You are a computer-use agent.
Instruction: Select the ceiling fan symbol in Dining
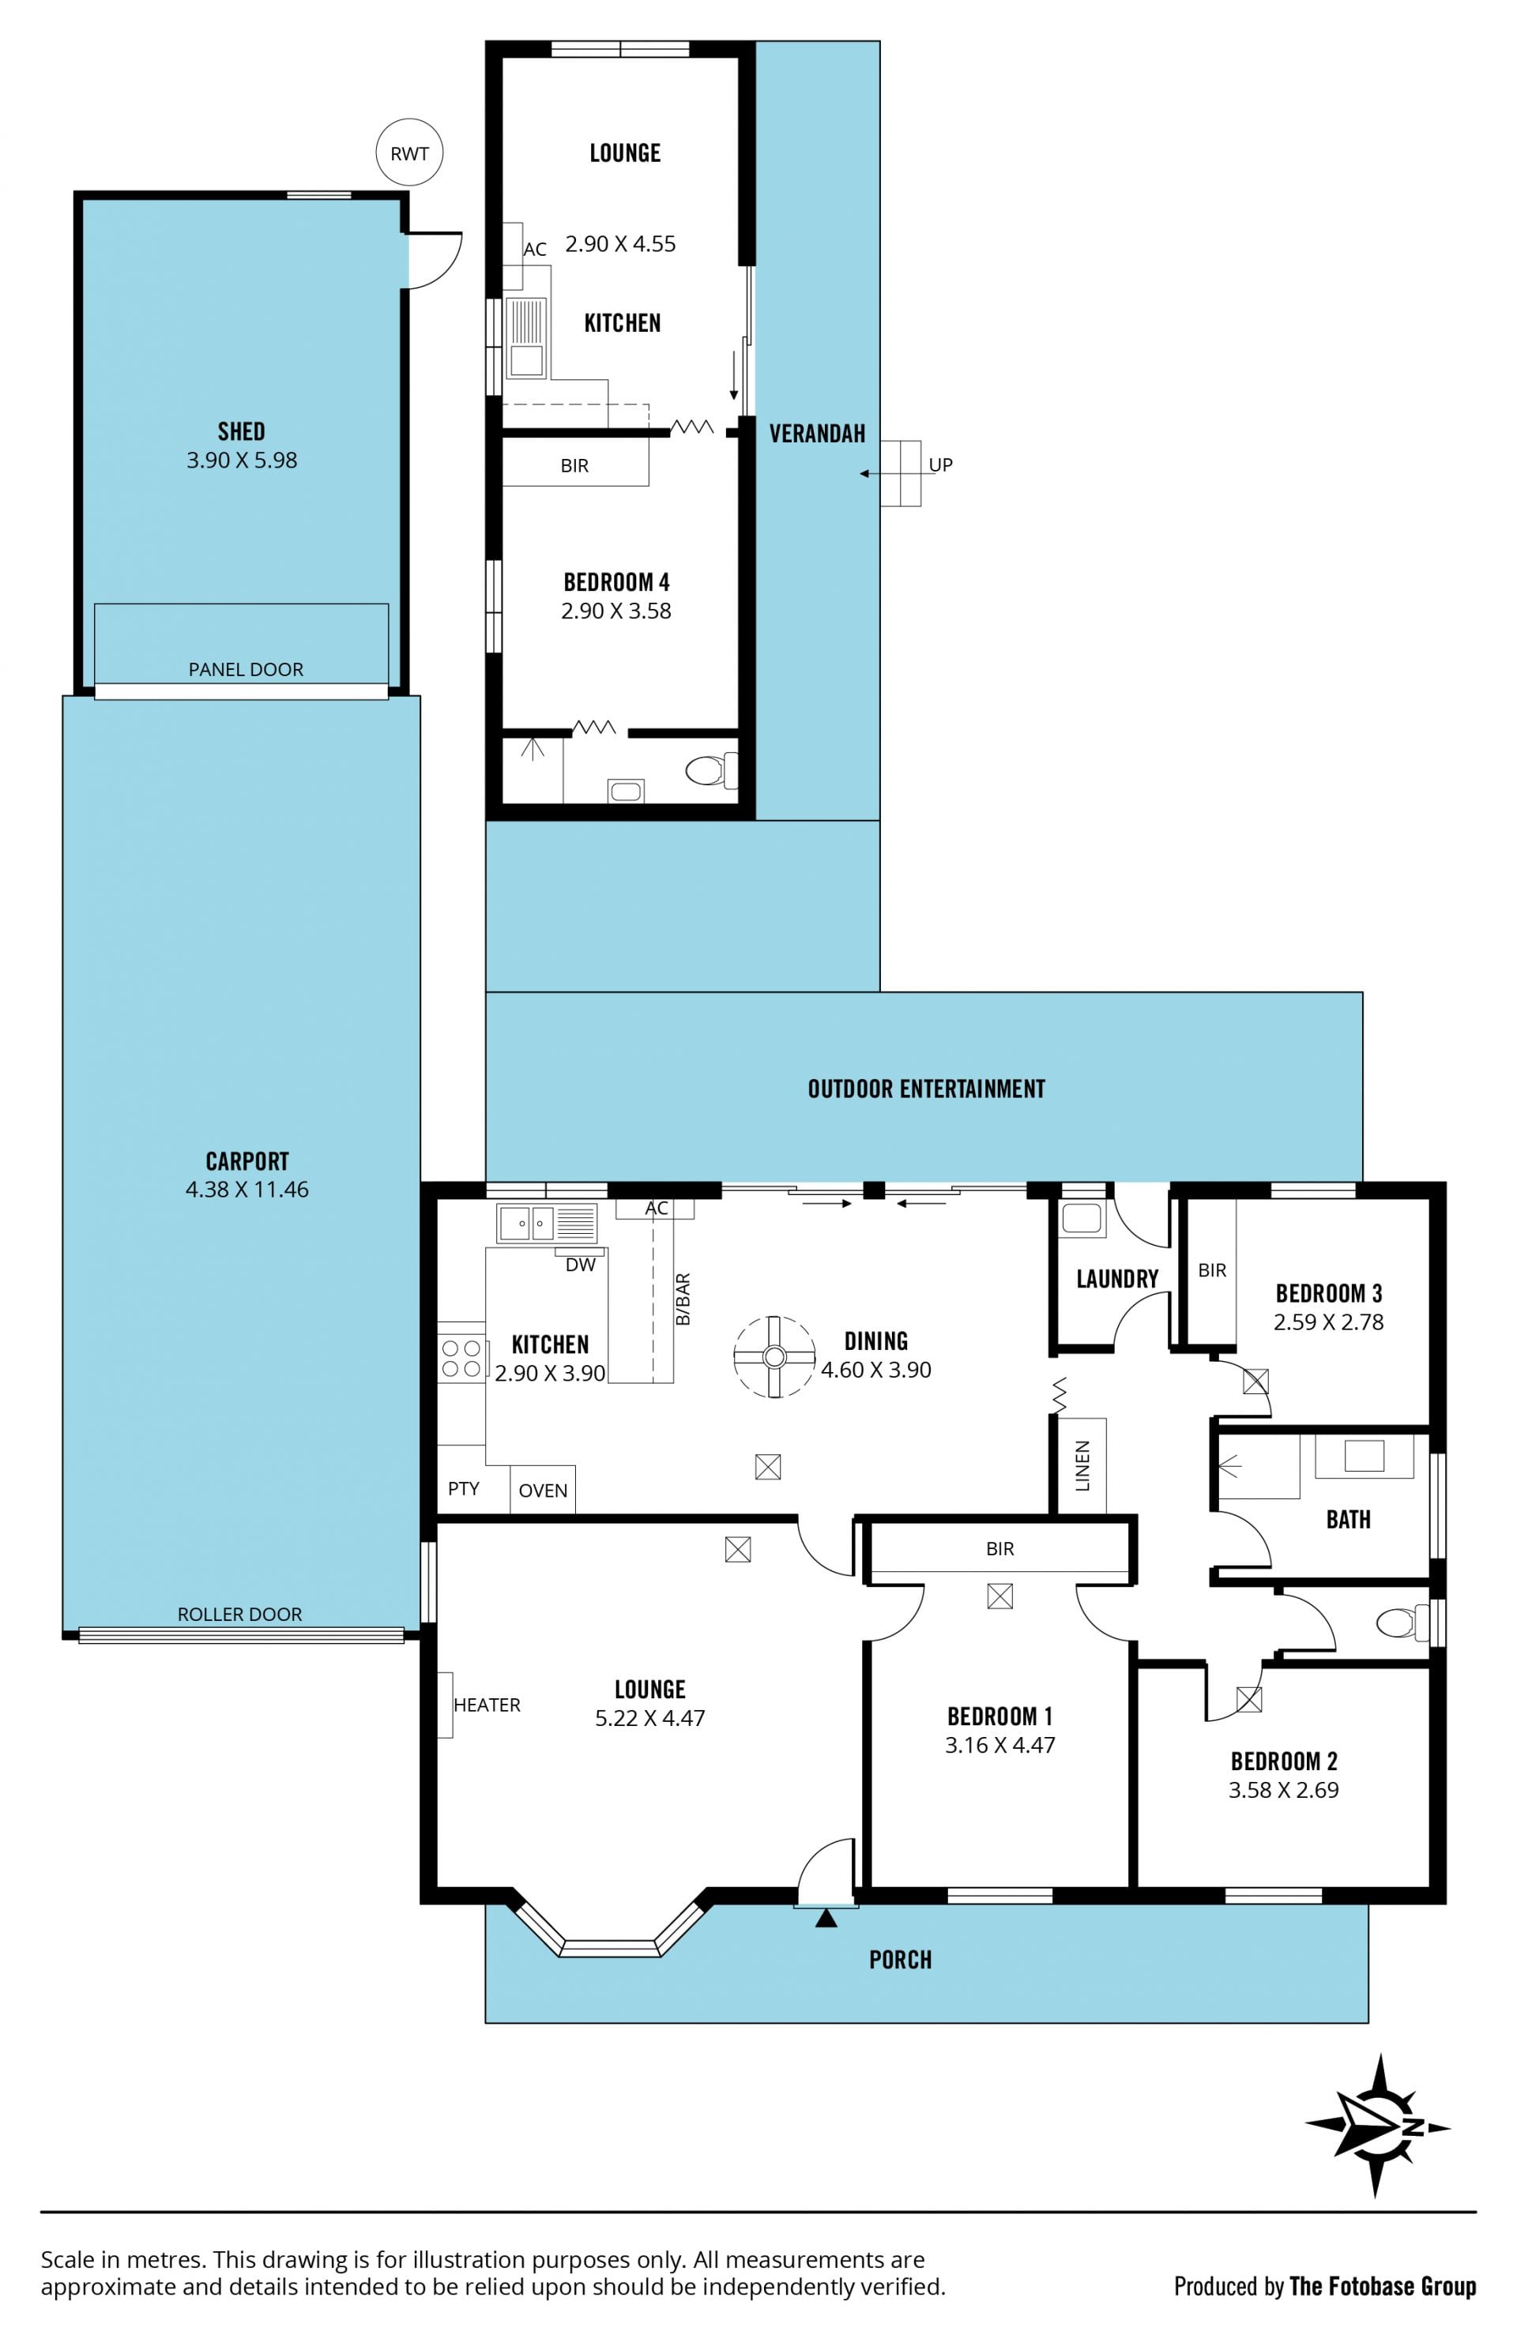[x=774, y=1357]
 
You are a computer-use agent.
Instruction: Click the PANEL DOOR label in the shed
[x=245, y=670]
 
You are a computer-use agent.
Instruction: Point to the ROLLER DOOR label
[x=239, y=1615]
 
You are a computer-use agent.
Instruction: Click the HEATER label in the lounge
[x=487, y=1705]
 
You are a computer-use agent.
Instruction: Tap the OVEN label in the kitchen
[x=543, y=1491]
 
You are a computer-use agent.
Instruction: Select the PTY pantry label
[x=463, y=1488]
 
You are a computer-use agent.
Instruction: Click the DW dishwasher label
[x=580, y=1265]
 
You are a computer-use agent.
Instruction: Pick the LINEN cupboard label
[x=1082, y=1465]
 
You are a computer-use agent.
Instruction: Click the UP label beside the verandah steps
[x=941, y=465]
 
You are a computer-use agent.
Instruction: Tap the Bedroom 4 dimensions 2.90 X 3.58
[x=616, y=611]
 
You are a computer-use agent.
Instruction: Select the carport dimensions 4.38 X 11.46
[x=247, y=1189]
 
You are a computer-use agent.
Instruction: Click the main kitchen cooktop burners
[x=461, y=1358]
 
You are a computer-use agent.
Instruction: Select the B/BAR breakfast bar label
[x=683, y=1299]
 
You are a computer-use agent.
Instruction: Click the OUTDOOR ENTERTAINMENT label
[x=926, y=1088]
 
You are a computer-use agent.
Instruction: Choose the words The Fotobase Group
[x=1382, y=2286]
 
